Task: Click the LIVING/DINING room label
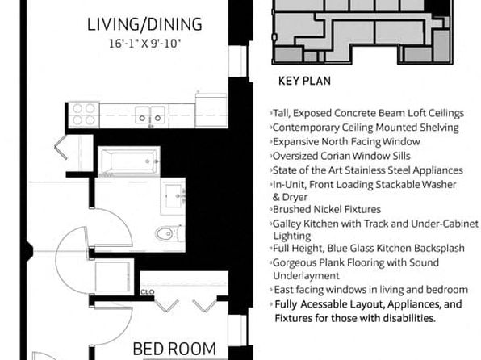point(144,24)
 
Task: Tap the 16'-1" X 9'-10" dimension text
point(144,44)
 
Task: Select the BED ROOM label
point(174,349)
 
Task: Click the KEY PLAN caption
point(304,81)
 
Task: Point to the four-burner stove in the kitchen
point(84,114)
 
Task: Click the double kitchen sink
point(150,115)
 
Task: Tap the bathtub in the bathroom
point(129,161)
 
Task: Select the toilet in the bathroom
point(169,233)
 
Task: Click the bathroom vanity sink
point(173,196)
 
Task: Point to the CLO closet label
point(148,292)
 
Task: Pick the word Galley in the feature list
point(287,224)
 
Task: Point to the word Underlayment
point(306,275)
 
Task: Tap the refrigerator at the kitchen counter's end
point(211,111)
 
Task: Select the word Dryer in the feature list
point(295,197)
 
